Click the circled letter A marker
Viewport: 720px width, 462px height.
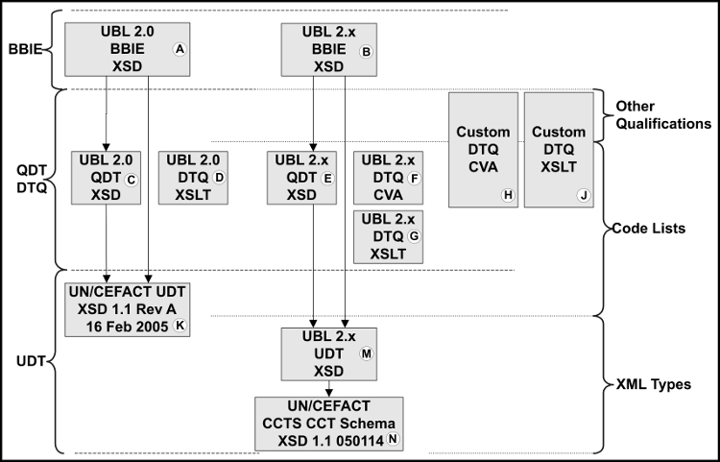coord(178,50)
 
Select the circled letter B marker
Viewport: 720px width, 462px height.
coord(365,52)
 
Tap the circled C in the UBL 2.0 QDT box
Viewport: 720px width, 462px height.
coord(132,179)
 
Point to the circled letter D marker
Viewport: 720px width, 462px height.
coord(219,178)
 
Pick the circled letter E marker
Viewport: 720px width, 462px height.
coord(327,178)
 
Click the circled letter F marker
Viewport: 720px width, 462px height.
coord(415,178)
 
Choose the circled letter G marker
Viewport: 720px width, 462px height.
coord(415,236)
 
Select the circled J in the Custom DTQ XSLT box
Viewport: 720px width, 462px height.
coord(583,195)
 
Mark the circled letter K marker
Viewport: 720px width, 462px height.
coord(178,327)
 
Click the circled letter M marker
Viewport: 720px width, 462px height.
coord(365,353)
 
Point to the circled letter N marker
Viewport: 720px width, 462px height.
coord(392,440)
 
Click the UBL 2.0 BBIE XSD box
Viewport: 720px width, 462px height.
coord(126,49)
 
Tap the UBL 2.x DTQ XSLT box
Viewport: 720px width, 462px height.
coord(389,236)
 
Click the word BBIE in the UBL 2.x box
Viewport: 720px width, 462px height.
coord(328,49)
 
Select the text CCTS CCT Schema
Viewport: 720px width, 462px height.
coord(328,423)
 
